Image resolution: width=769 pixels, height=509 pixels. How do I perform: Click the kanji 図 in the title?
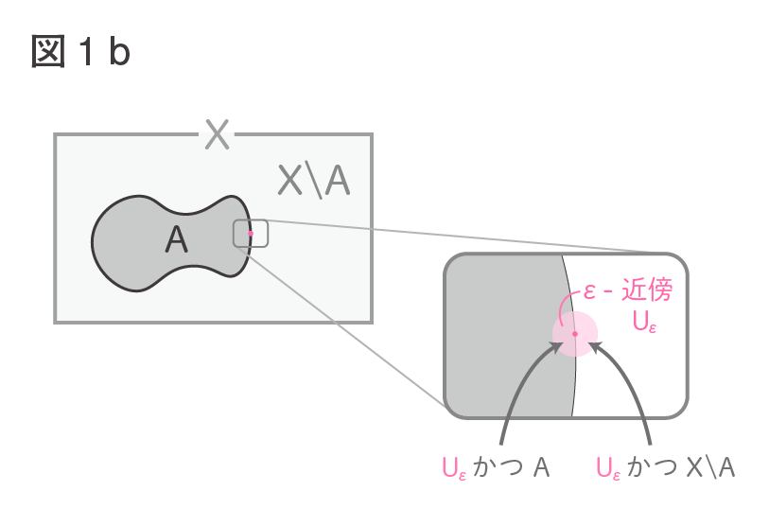(48, 51)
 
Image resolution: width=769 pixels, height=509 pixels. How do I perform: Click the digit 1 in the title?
(87, 51)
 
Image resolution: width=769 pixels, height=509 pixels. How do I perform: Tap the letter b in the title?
(119, 50)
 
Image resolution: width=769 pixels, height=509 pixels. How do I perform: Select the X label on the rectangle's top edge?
(217, 133)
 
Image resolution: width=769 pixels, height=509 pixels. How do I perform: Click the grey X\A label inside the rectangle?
(314, 181)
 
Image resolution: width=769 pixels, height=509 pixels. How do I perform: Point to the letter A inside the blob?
(177, 239)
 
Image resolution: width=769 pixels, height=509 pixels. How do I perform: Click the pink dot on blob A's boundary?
(250, 234)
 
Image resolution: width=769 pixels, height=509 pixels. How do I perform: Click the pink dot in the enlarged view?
(575, 334)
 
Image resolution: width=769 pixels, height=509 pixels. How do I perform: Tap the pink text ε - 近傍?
(628, 290)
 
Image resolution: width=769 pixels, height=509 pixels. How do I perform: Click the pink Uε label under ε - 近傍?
(644, 322)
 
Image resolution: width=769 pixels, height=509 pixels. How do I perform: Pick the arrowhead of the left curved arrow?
(555, 347)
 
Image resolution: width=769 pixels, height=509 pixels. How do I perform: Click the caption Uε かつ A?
(496, 466)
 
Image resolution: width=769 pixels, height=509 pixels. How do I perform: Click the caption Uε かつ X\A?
(666, 466)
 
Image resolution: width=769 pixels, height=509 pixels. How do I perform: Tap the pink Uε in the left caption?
(454, 467)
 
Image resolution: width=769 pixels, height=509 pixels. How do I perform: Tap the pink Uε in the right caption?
(608, 467)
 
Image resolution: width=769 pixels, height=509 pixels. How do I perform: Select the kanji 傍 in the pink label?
(659, 290)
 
